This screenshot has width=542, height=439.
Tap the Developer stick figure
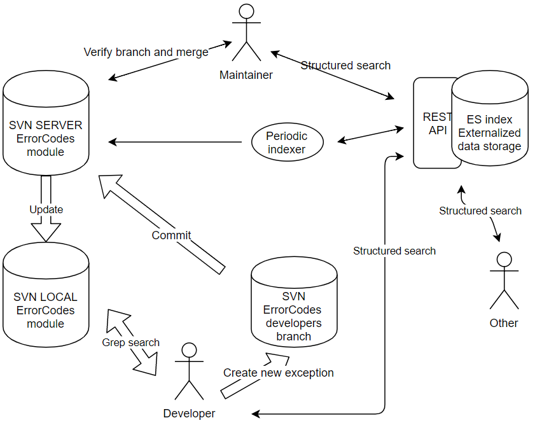pyautogui.click(x=189, y=372)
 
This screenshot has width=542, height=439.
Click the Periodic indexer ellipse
pyautogui.click(x=287, y=143)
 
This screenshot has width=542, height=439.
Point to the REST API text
pyautogui.click(x=437, y=123)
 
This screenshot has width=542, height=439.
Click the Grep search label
pyautogui.click(x=131, y=342)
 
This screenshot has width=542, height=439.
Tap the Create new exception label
pyautogui.click(x=278, y=372)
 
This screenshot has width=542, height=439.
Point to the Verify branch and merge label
pyautogui.click(x=146, y=52)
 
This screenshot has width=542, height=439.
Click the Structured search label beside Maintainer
pyautogui.click(x=345, y=66)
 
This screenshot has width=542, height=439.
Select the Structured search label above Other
pyautogui.click(x=480, y=211)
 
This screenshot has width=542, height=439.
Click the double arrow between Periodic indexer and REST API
pyautogui.click(x=370, y=134)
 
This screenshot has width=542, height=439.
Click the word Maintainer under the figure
pyautogui.click(x=246, y=75)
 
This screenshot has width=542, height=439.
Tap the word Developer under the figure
pyautogui.click(x=189, y=414)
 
